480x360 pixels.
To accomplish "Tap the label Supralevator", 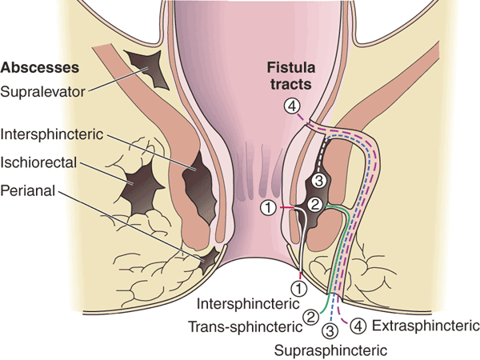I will tap(44, 90).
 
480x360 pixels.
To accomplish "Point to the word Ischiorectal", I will tap(41, 162).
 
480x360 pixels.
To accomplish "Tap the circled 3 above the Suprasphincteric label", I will tap(330, 332).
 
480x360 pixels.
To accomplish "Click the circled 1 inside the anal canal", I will tap(270, 209).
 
